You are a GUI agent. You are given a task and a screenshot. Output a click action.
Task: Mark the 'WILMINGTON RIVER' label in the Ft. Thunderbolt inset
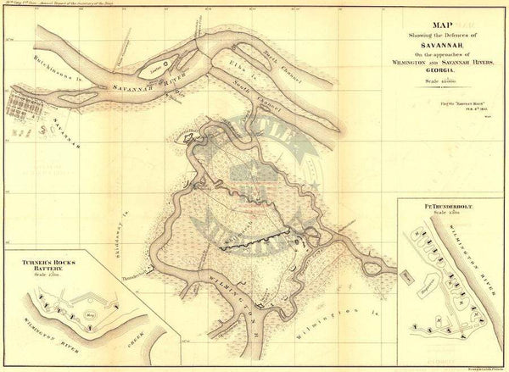pos(480,254)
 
